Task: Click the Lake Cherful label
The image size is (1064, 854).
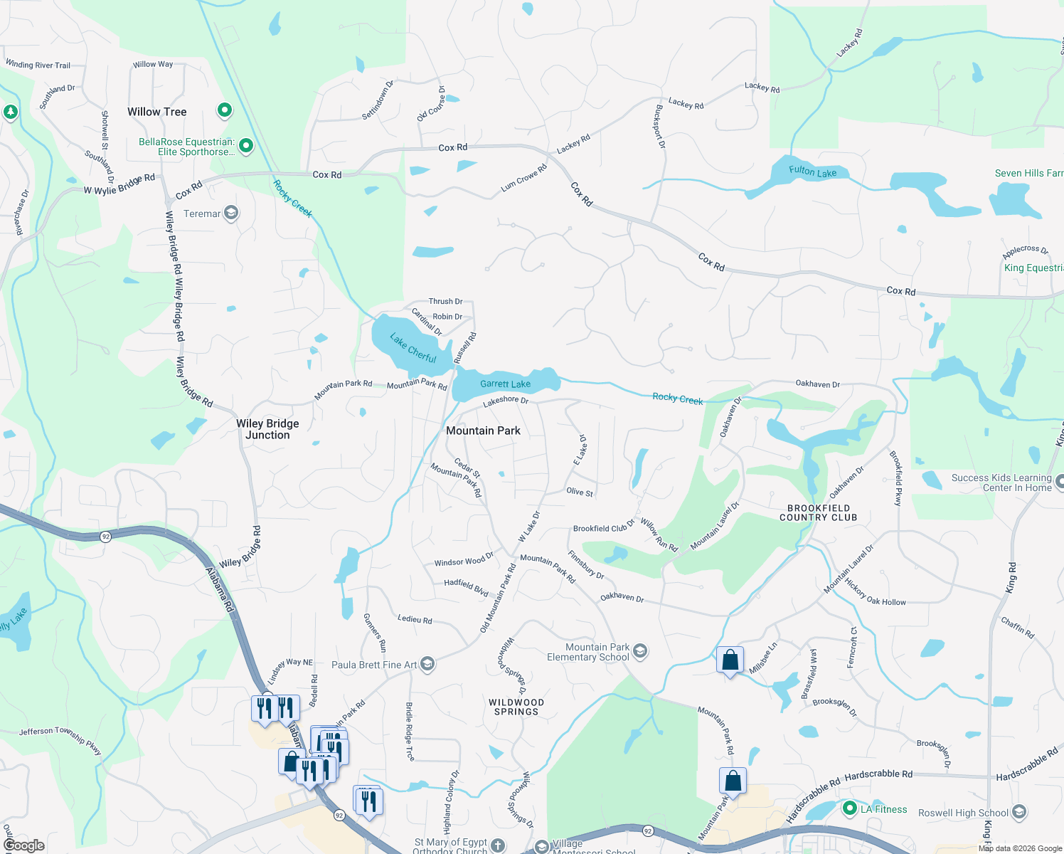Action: click(413, 347)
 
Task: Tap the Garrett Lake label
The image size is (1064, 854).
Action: click(505, 384)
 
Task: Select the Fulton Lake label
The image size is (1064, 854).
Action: click(812, 172)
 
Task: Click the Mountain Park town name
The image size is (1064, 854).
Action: click(483, 431)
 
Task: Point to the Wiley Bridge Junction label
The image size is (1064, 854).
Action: click(267, 429)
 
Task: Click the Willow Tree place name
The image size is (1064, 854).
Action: click(156, 112)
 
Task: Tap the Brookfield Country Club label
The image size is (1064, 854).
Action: click(818, 513)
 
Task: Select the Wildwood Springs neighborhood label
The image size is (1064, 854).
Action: click(516, 707)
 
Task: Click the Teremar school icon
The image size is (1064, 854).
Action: click(231, 213)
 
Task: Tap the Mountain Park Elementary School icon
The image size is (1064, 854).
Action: click(640, 651)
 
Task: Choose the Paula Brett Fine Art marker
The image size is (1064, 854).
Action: click(427, 664)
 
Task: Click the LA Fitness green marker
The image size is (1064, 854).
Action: click(849, 808)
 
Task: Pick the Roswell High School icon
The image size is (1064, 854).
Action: click(1019, 812)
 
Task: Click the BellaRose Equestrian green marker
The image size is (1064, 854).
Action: click(246, 146)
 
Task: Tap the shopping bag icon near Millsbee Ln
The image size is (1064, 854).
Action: click(730, 661)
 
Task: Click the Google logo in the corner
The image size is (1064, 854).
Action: click(23, 845)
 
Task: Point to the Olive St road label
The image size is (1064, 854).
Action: click(580, 492)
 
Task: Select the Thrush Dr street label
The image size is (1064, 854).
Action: click(445, 302)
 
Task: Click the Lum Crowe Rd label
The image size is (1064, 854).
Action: click(523, 178)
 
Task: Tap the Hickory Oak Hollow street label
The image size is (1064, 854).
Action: click(876, 592)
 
